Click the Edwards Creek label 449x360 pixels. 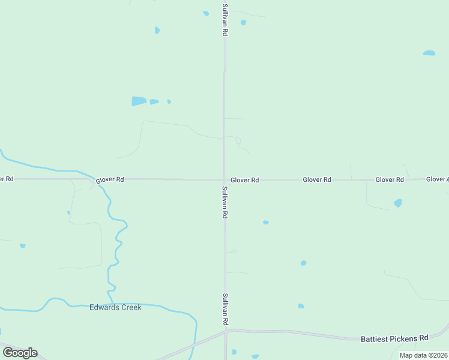point(115,307)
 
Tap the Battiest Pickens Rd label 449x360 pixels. point(394,339)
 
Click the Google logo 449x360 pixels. point(20,353)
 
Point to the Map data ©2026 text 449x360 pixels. point(423,355)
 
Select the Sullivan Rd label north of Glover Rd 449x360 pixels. point(224,20)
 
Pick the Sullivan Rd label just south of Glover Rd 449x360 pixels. point(225,202)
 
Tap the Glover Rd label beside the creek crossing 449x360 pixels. point(109,179)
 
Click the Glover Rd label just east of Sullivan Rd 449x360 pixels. point(244,180)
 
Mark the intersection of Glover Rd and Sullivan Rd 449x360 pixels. point(224,179)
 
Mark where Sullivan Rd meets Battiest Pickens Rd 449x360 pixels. point(225,331)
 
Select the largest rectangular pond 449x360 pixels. point(139,101)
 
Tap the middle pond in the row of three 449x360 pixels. point(154,102)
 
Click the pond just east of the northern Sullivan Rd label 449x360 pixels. point(243,23)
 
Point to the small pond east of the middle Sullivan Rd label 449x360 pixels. point(265,223)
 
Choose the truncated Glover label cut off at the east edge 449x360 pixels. point(437,179)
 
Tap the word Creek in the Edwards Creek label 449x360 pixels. point(130,307)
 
